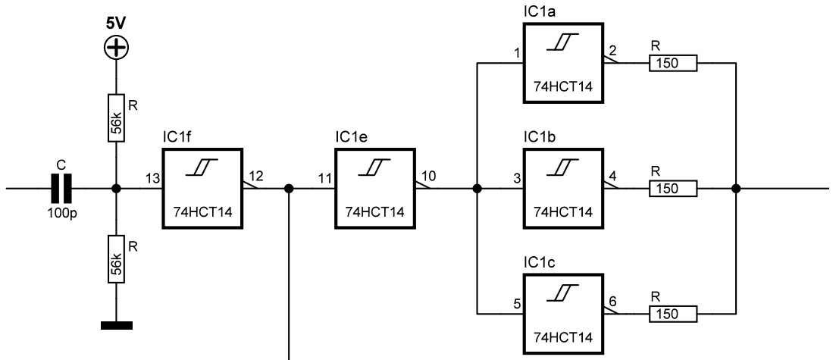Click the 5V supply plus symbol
(116, 49)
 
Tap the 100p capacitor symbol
(61, 188)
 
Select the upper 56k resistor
(116, 118)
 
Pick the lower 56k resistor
(116, 258)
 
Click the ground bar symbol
(116, 325)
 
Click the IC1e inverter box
(375, 188)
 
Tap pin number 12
(256, 176)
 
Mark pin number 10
(429, 176)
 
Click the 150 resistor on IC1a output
(673, 63)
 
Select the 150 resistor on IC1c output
(673, 314)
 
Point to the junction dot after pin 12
(289, 188)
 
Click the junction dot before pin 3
(477, 188)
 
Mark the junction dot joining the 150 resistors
(736, 188)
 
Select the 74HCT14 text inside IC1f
(203, 212)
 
